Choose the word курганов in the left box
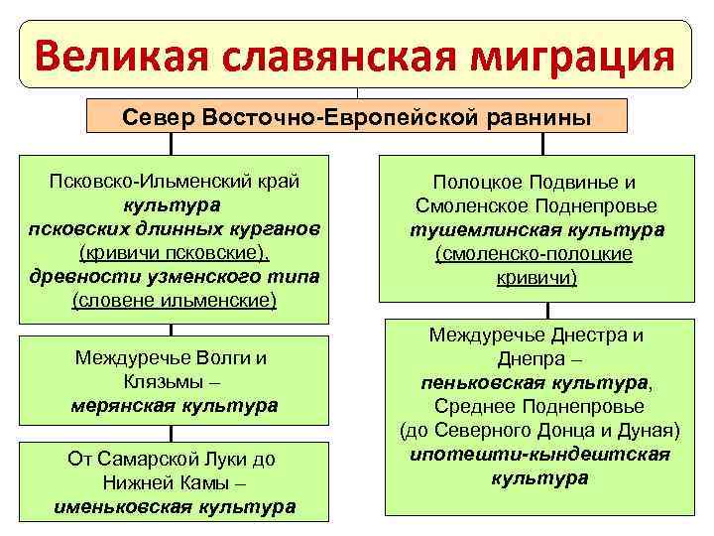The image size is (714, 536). [x=274, y=228]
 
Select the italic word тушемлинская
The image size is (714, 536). [x=476, y=230]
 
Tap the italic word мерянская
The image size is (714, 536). [x=125, y=405]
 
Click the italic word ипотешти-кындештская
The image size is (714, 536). [x=539, y=454]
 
